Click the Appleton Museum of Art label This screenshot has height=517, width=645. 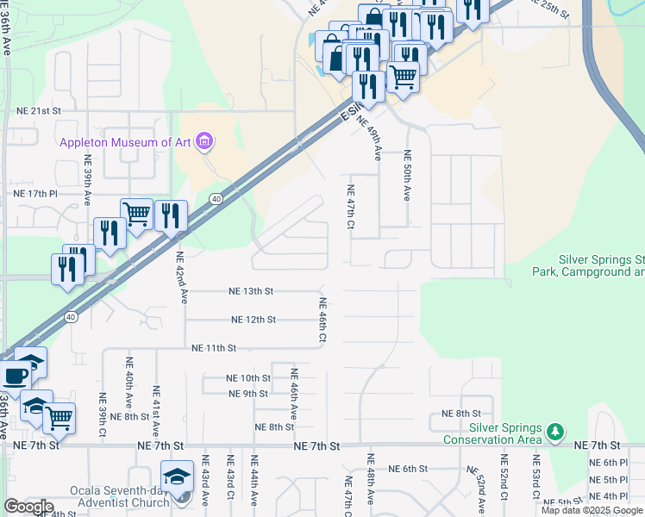(x=126, y=144)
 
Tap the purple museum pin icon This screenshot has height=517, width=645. (x=204, y=140)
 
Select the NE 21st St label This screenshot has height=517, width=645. (x=39, y=111)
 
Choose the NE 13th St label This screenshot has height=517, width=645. (x=251, y=291)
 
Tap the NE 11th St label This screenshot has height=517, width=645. (x=214, y=347)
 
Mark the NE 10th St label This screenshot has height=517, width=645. (x=248, y=378)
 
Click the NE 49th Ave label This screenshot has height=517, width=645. (x=378, y=139)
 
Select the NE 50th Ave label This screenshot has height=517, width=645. (x=408, y=176)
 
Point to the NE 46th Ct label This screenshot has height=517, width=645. (x=322, y=321)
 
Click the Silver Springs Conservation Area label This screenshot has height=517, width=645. (x=493, y=433)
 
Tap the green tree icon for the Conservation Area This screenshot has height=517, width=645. (x=556, y=430)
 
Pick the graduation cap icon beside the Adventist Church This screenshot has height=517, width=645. (x=178, y=477)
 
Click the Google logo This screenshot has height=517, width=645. (x=28, y=507)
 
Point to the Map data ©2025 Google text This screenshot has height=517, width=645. (x=592, y=510)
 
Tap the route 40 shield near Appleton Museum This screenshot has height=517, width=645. (x=216, y=199)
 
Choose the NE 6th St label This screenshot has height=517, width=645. (x=409, y=469)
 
